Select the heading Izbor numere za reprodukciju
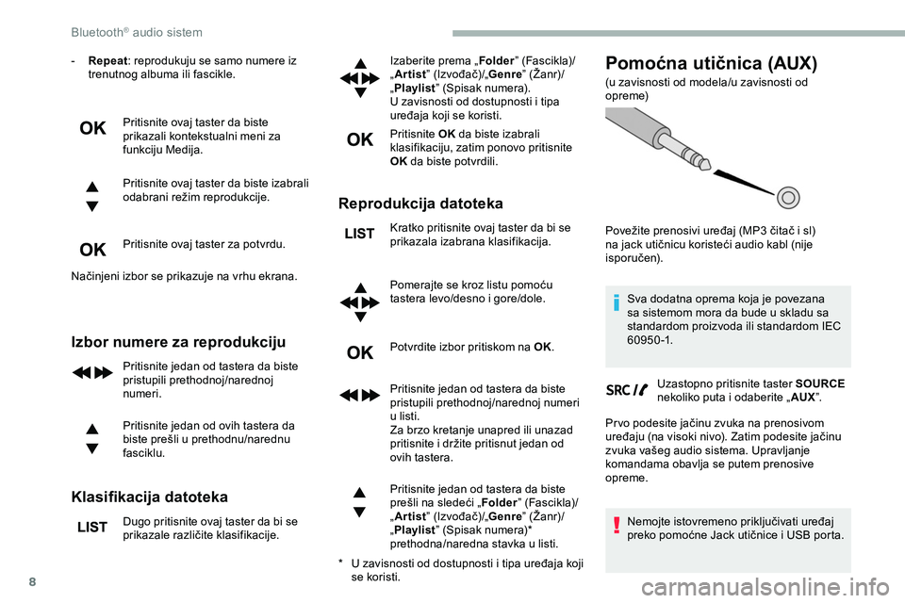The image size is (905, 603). (x=178, y=341)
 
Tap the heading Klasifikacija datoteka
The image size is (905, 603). (x=149, y=496)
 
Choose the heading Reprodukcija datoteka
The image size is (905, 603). (x=421, y=203)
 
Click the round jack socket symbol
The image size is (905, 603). (x=790, y=197)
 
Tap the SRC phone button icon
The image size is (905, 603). (x=627, y=389)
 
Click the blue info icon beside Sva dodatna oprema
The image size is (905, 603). (x=616, y=302)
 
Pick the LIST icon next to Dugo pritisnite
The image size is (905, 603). (x=92, y=528)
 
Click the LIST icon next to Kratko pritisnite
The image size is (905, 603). (x=360, y=234)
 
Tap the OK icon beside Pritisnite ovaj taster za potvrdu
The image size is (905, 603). (x=92, y=250)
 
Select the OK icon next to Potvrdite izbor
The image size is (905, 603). (x=360, y=352)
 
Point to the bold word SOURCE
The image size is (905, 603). (x=820, y=383)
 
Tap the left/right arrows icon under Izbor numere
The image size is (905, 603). (x=92, y=372)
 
